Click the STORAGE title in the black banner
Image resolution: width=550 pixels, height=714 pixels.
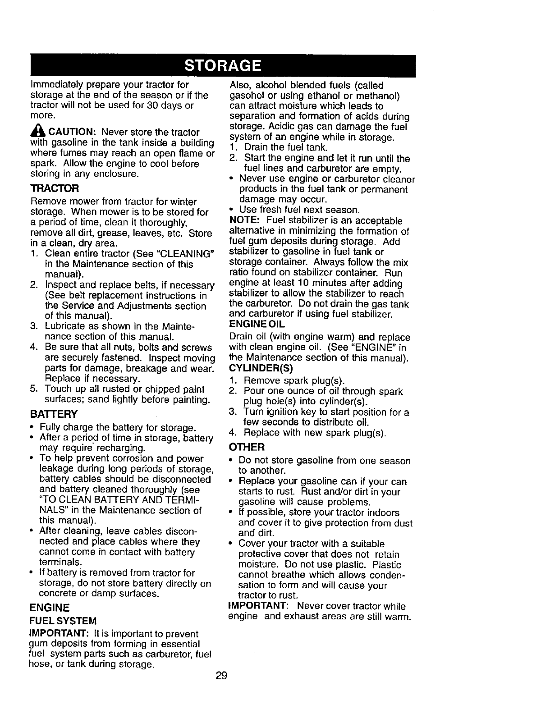(223, 66)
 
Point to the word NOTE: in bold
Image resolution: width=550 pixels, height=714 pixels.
(243, 221)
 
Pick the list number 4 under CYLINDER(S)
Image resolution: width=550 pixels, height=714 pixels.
(233, 433)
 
